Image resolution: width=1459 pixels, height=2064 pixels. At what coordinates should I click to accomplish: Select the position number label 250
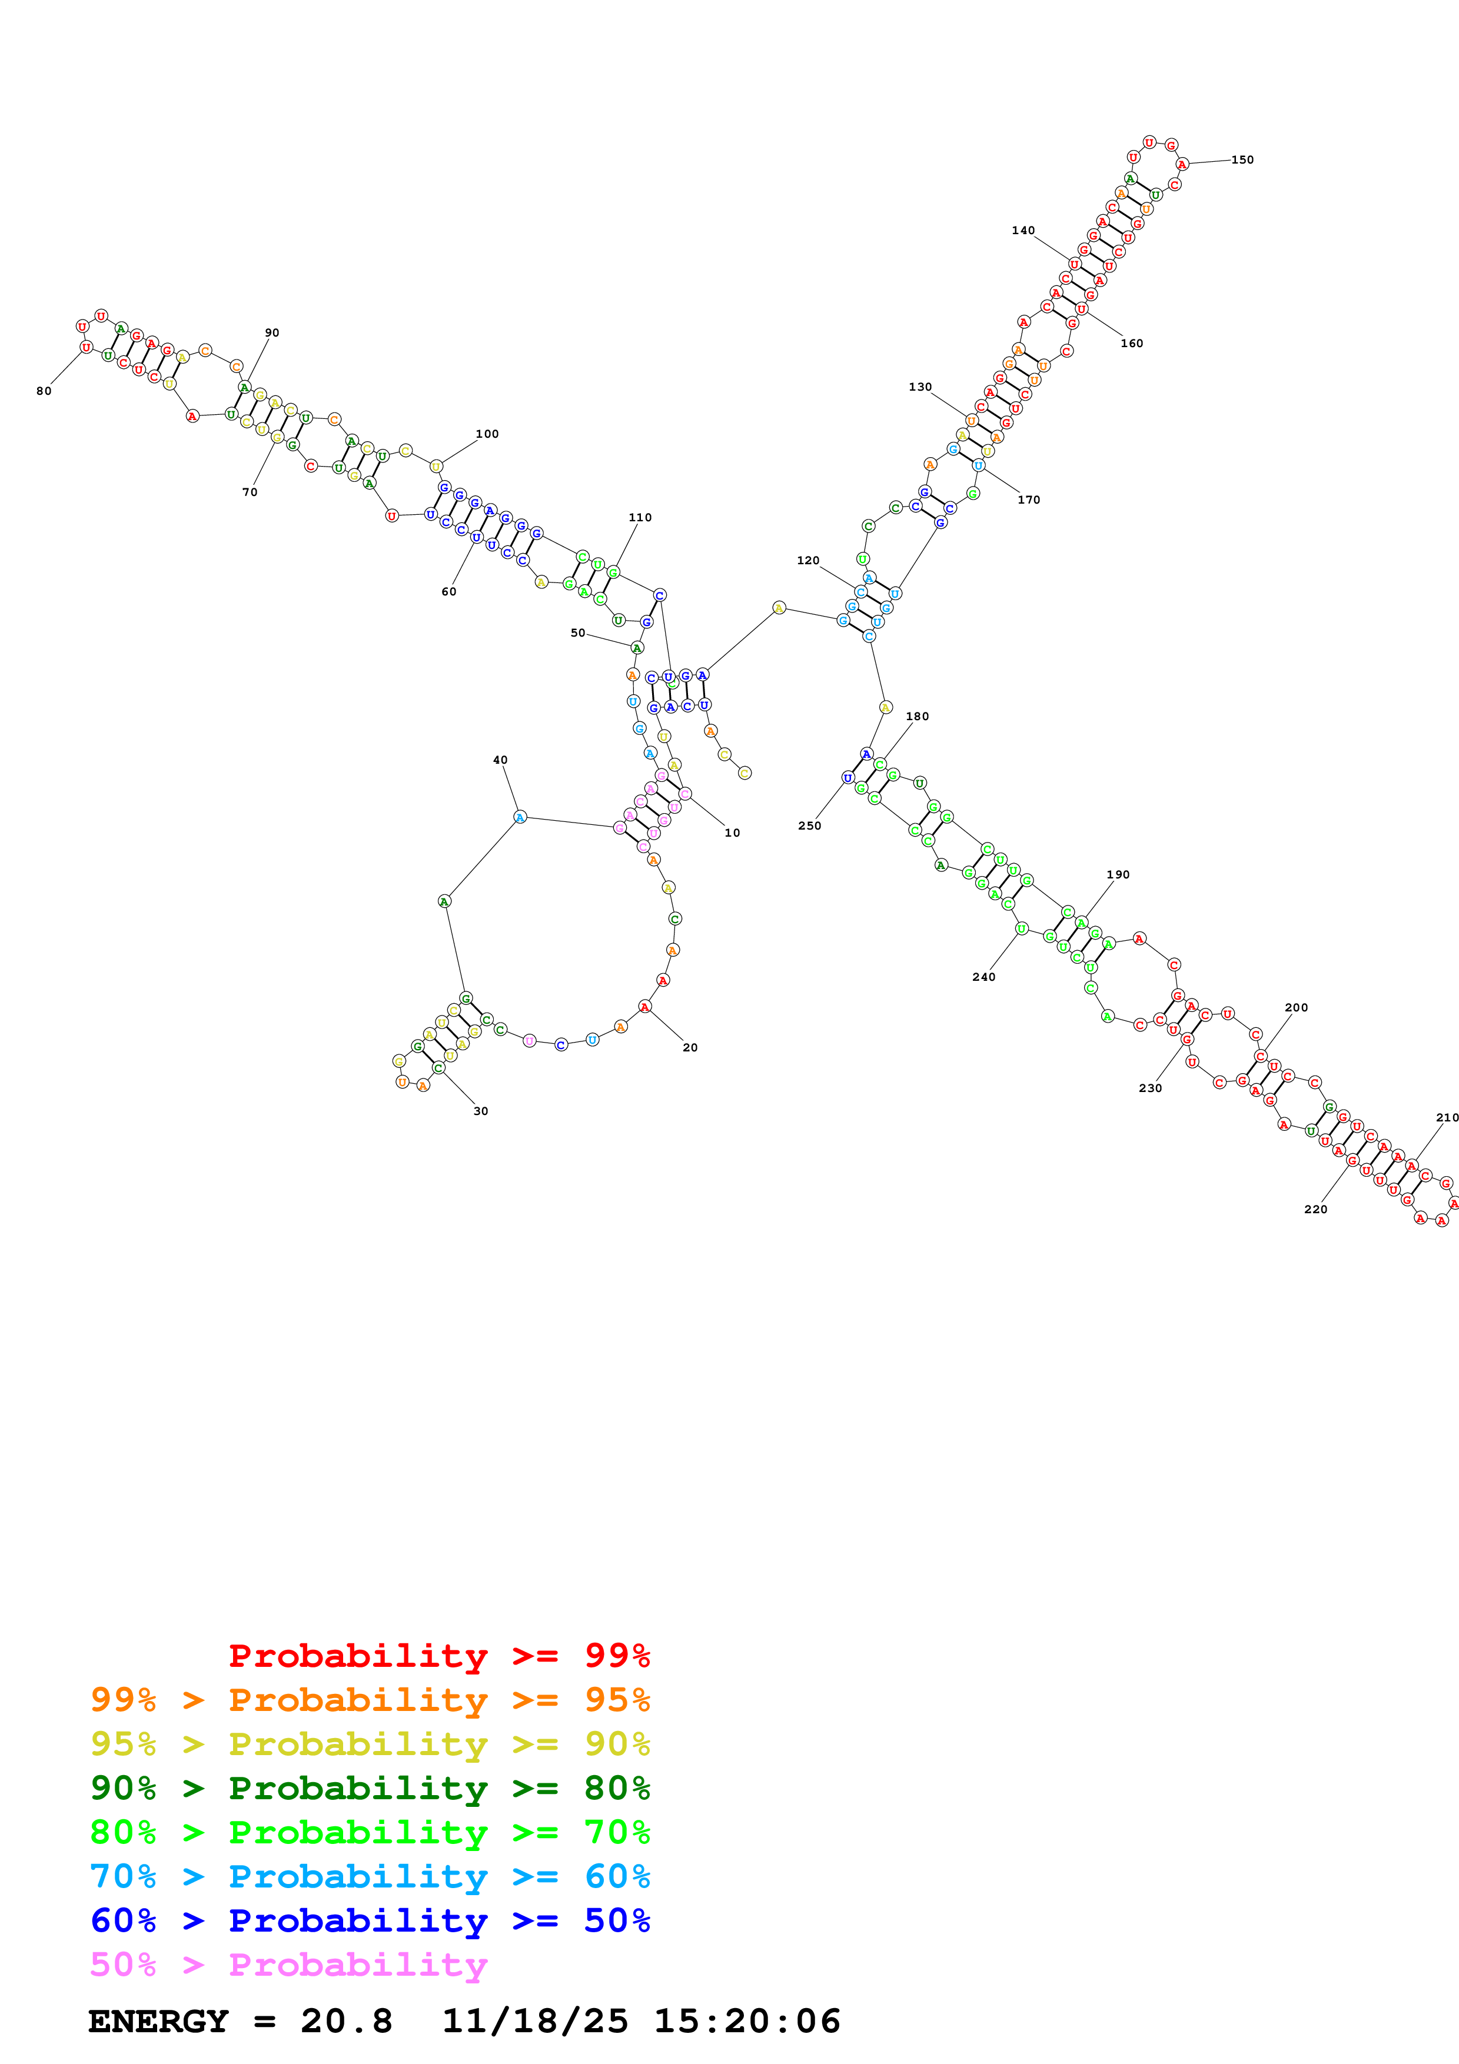(x=809, y=826)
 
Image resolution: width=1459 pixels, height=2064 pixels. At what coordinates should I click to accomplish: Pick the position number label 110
(x=640, y=518)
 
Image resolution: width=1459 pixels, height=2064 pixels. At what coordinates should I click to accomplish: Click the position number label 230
(x=1150, y=1088)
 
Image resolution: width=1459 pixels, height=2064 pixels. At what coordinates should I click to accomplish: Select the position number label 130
(x=920, y=388)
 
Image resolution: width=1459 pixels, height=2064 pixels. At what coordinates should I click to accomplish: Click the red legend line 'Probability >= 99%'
(x=438, y=1656)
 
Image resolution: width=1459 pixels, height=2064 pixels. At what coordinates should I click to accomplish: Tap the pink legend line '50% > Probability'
(x=288, y=1964)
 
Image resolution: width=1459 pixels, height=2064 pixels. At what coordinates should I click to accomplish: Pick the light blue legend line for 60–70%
(x=370, y=1876)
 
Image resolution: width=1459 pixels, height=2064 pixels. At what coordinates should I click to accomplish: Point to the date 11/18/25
(x=535, y=2021)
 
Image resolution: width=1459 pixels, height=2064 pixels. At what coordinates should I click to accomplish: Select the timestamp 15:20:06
(x=746, y=2021)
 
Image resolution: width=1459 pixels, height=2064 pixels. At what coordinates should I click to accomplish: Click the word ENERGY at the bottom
(x=158, y=2021)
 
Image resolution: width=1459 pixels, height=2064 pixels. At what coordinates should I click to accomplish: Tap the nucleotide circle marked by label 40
(x=520, y=817)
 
